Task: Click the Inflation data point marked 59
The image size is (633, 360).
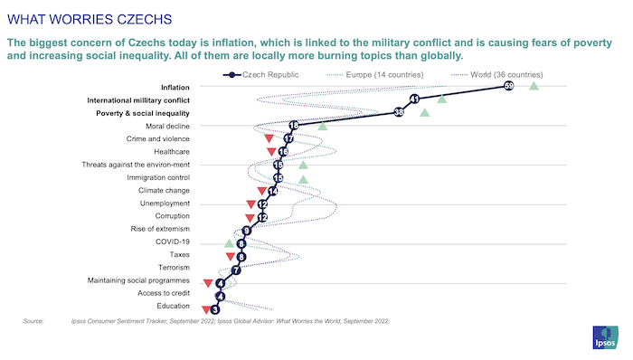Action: [509, 86]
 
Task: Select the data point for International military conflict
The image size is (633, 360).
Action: [414, 99]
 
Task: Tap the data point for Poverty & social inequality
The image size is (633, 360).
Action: [399, 113]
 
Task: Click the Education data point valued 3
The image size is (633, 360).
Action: [215, 309]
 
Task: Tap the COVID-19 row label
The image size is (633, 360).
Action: [171, 242]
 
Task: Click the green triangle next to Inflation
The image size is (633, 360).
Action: [534, 86]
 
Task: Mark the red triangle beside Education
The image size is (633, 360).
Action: [205, 310]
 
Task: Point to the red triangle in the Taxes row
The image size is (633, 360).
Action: [230, 257]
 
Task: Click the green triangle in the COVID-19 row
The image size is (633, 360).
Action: [229, 243]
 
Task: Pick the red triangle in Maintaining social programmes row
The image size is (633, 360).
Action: [208, 283]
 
